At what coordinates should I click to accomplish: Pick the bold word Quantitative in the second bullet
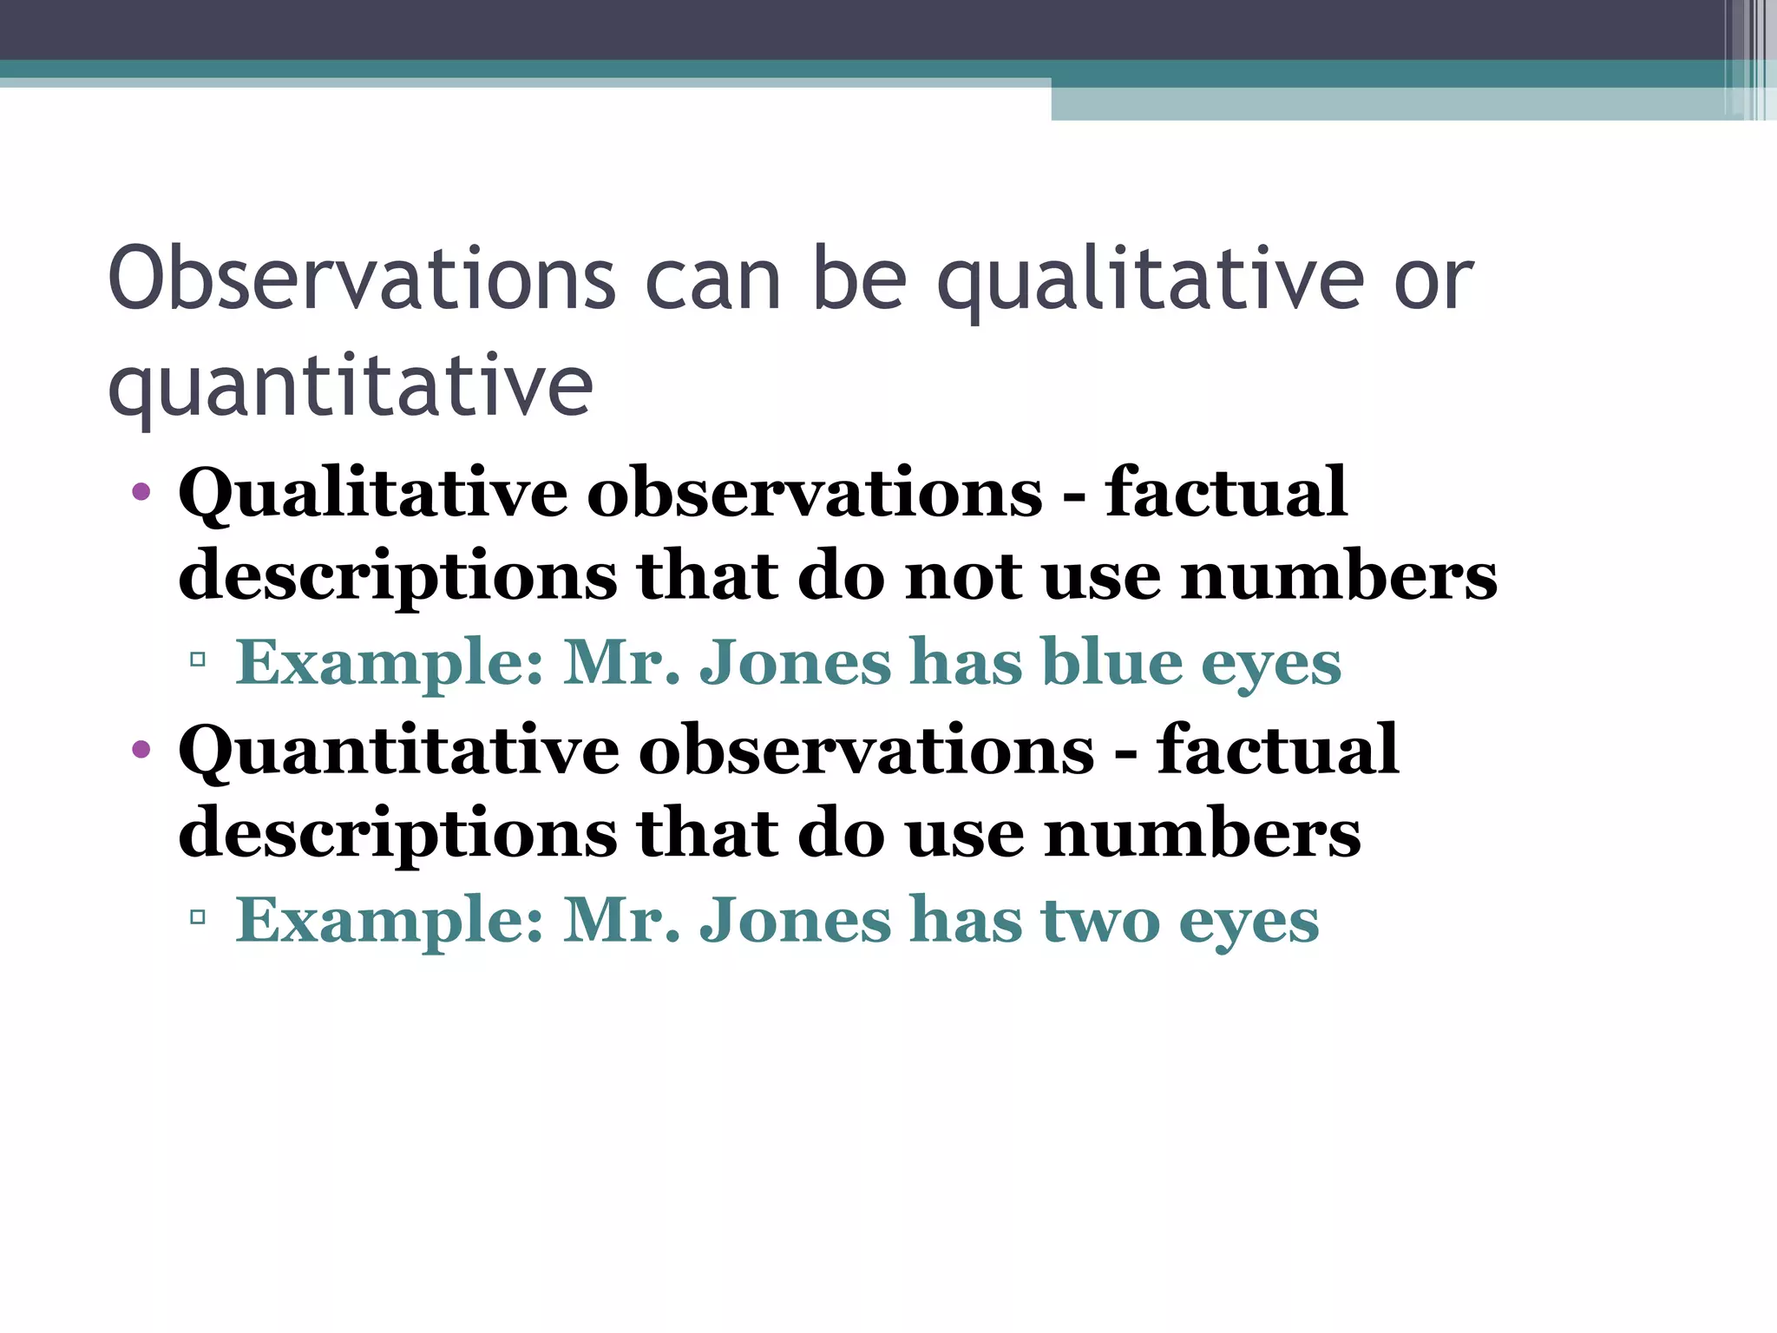point(399,751)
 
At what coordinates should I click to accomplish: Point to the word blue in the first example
point(1111,663)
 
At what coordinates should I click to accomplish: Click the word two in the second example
point(1100,920)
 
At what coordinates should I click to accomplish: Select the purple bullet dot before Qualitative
point(141,493)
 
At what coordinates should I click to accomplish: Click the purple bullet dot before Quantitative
point(141,749)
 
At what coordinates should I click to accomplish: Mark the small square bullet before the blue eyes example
point(198,660)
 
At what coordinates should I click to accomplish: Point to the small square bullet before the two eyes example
point(198,916)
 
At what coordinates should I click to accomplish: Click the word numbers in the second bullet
point(1203,834)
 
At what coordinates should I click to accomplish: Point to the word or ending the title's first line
point(1433,279)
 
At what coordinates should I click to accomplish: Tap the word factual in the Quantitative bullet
point(1277,751)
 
